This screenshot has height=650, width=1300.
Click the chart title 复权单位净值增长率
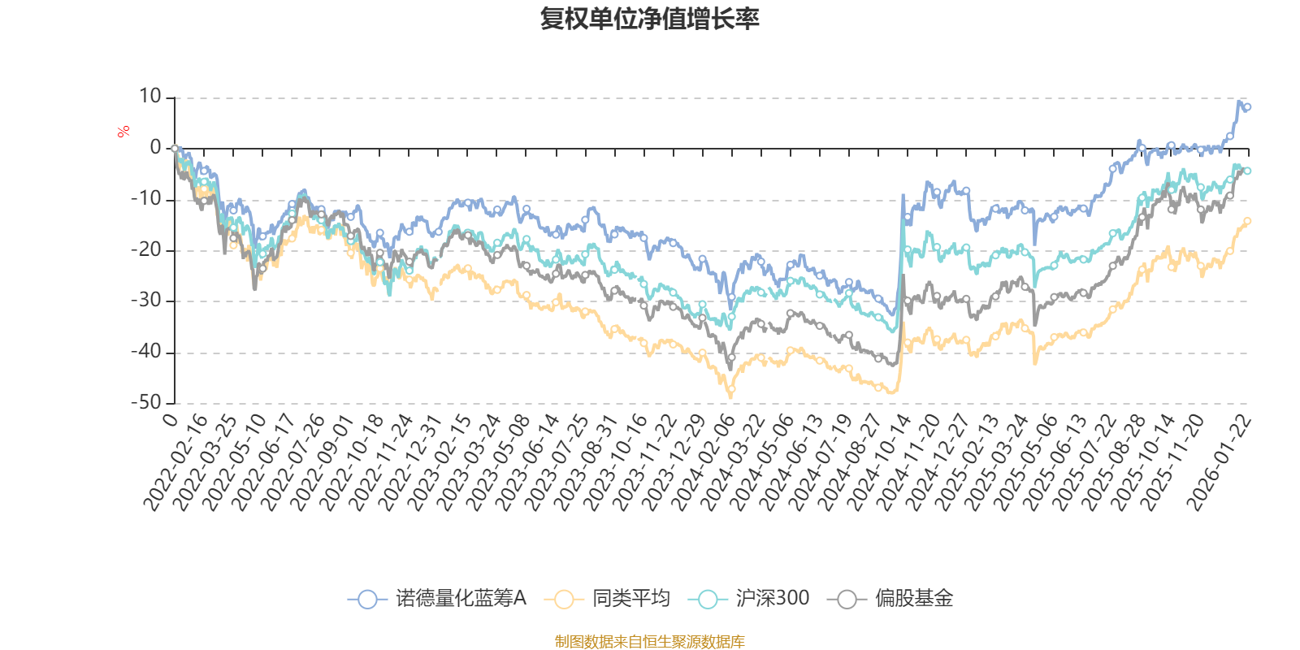pos(649,19)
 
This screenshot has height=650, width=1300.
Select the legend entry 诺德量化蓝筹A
pos(437,599)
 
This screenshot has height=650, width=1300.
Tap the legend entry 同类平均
pos(607,599)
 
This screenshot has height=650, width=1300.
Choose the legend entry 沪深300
pos(748,599)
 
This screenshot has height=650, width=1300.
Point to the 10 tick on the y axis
pos(150,97)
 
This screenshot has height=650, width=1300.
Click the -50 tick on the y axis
pos(146,402)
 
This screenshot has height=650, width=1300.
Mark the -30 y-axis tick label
pos(146,301)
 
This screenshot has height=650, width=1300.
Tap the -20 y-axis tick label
pos(146,249)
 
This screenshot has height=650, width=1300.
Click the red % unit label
pos(123,132)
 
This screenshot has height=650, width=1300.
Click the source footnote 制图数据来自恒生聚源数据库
pos(649,642)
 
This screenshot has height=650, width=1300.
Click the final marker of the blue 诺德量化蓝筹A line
pos(1247,107)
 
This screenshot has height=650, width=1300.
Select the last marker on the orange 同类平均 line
pos(1247,220)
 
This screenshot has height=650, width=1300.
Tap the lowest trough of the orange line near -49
pos(730,396)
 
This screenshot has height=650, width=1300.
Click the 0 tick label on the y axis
pos(155,148)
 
